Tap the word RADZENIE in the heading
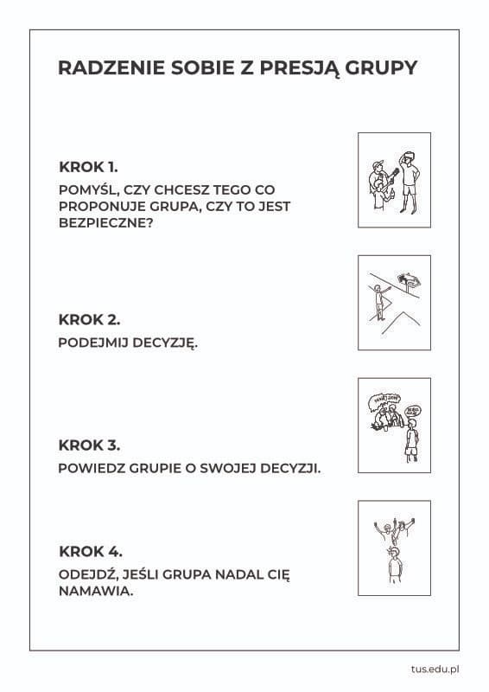point(111,67)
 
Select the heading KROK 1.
point(88,167)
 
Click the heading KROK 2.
point(89,319)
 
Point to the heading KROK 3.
point(89,445)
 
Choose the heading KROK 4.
point(91,552)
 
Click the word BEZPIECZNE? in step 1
point(105,222)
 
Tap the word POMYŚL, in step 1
point(88,190)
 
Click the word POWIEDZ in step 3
point(92,468)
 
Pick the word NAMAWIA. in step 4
point(96,591)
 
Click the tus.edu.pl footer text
point(435,669)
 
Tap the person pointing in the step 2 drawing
point(380,301)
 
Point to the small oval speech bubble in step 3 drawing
point(413,411)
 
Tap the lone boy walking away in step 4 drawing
point(395,565)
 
